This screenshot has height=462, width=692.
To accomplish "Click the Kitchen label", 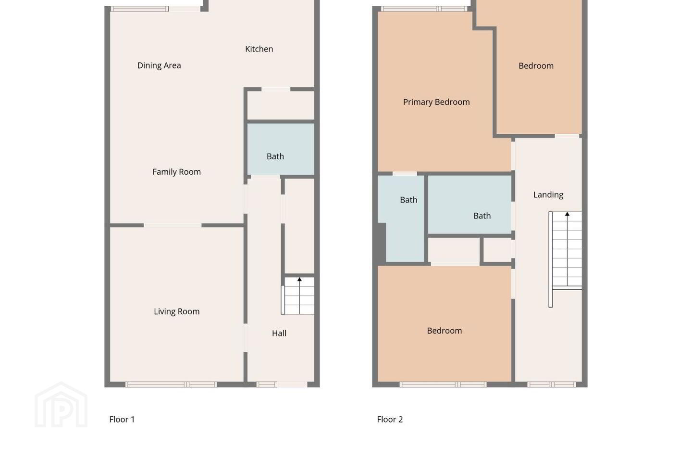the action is point(259,49).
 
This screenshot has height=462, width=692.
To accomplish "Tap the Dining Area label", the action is point(159,65).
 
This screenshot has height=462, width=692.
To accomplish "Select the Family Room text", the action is point(176,172).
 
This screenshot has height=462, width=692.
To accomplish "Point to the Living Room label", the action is point(176,311).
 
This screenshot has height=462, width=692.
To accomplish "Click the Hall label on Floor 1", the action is point(279,334).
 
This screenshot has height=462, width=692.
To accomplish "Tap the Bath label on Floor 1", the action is point(275,156).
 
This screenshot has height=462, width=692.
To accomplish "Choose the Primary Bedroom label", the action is point(436,102).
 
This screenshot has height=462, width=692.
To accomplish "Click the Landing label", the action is point(548,195).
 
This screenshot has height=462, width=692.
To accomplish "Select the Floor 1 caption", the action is point(122,419).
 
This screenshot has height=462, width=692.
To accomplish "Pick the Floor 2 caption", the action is point(390,419).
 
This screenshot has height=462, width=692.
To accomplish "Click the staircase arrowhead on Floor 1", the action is point(299,280).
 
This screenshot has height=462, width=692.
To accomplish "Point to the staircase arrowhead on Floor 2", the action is point(567,214).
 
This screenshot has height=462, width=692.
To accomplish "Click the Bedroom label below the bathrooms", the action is point(444,331).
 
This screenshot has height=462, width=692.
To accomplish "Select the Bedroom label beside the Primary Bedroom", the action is point(536,66).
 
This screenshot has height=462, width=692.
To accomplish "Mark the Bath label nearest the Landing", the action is point(482,216).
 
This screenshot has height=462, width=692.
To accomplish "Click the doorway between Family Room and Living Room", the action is point(173,225).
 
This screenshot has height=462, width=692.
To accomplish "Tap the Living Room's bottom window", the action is point(171,385).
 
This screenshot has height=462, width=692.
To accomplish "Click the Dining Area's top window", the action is point(140,9).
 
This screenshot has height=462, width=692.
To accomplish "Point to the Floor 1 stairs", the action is point(297,296).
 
